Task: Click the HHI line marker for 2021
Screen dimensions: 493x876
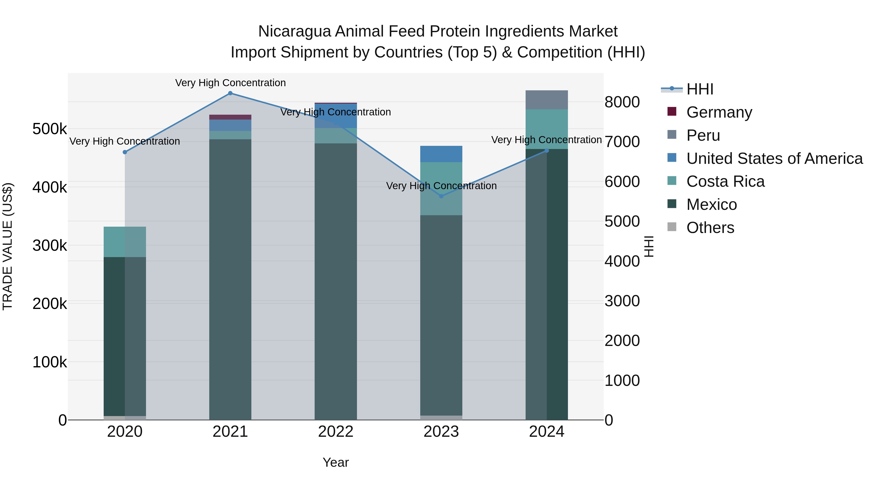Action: [x=230, y=93]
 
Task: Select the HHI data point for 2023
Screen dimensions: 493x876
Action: [x=441, y=196]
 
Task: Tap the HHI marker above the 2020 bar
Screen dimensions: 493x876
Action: [x=125, y=152]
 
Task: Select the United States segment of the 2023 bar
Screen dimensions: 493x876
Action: [x=441, y=154]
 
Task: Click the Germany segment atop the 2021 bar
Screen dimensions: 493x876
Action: [x=230, y=117]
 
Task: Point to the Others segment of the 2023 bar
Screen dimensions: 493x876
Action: [x=441, y=418]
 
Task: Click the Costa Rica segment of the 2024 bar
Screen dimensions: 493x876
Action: [x=547, y=129]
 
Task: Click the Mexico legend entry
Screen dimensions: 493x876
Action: [x=712, y=205]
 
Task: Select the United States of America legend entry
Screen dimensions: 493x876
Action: [x=774, y=158]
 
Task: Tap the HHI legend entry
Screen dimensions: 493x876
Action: [x=700, y=89]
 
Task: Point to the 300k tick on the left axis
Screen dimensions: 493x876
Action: [x=50, y=245]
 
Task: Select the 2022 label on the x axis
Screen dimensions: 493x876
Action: [x=336, y=432]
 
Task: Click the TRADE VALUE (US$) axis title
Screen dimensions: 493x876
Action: [x=8, y=246]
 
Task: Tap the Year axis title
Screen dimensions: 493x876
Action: [x=336, y=462]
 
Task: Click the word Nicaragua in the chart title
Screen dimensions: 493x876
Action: [x=294, y=31]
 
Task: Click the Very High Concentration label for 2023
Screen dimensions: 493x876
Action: [x=441, y=186]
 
